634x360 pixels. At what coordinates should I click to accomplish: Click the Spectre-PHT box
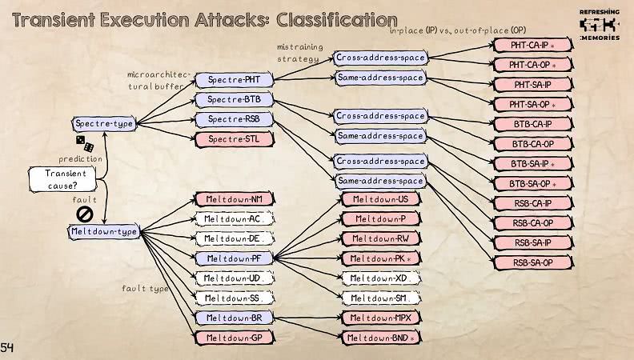pos(233,81)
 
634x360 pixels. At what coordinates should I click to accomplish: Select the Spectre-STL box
pos(233,139)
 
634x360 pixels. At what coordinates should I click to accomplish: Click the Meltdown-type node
pos(104,232)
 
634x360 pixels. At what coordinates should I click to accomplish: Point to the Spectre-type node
pos(104,124)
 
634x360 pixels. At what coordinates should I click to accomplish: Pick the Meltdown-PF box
pos(233,258)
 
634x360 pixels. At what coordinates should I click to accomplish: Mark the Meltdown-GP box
pos(233,338)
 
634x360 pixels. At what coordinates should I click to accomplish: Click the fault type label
pos(146,288)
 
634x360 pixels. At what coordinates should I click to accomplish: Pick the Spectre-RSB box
pos(233,119)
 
